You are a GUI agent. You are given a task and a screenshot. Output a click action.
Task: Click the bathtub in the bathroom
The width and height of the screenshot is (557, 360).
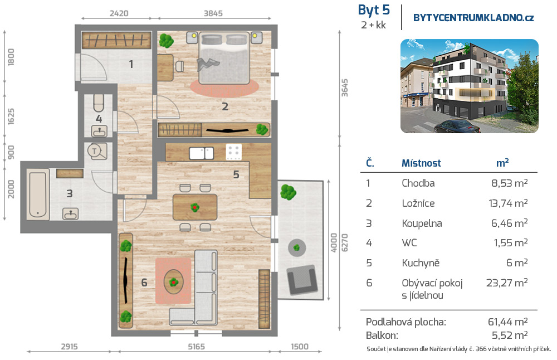(x=38, y=194)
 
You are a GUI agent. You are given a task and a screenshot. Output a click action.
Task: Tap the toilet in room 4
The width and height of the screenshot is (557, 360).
(x=99, y=103)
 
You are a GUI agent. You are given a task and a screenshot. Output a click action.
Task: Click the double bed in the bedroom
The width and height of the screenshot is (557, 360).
(x=223, y=58)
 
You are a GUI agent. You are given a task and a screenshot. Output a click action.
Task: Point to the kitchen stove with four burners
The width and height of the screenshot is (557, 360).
(x=234, y=152)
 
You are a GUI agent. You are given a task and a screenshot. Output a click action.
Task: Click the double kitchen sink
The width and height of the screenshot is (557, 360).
(x=202, y=153)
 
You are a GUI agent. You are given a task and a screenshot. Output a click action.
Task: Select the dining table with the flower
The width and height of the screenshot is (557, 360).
(x=194, y=207)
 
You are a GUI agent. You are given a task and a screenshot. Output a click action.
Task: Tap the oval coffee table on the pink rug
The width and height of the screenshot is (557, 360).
(x=174, y=281)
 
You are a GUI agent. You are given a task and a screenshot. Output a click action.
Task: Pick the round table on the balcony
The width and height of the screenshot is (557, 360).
(x=297, y=247)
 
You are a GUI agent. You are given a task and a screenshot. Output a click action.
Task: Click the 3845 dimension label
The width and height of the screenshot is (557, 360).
(x=213, y=13)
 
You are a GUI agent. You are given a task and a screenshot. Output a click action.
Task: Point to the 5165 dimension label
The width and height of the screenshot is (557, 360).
(x=196, y=347)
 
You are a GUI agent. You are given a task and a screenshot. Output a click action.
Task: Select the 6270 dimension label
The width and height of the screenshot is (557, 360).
(x=344, y=243)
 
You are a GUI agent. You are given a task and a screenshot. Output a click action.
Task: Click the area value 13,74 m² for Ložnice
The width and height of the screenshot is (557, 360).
(x=508, y=203)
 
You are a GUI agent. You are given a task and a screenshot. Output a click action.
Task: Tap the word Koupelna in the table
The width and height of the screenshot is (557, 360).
(x=422, y=223)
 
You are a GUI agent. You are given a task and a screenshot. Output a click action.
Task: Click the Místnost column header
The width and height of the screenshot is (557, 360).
(x=421, y=163)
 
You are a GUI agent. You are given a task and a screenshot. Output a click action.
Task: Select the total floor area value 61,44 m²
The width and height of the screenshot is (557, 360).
(x=507, y=322)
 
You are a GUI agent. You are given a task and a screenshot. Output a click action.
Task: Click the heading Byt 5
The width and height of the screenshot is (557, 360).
(x=374, y=10)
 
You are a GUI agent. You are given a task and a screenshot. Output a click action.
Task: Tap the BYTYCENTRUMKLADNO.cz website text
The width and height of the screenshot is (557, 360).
(x=473, y=17)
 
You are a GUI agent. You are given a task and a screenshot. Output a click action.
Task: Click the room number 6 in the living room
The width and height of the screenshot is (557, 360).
(x=144, y=283)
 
